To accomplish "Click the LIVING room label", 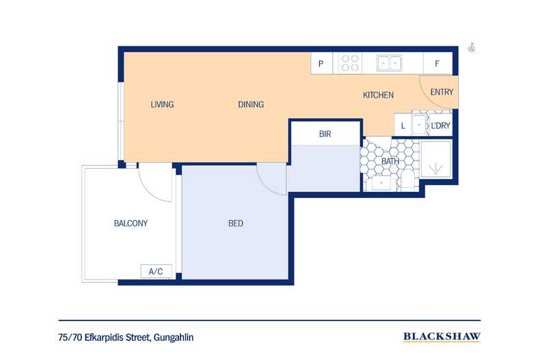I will coord(162,105).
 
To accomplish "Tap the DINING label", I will coord(251,105).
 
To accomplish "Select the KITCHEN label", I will coord(378,95).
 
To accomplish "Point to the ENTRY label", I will coord(442,92).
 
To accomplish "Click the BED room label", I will coord(235,223).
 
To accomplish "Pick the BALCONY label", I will coord(130,223).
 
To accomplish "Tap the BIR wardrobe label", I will coord(325,135).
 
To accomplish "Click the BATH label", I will coord(390,161).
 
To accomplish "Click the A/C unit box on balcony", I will coord(156,272).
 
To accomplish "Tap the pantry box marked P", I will coord(321,64).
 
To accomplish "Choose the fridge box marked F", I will coord(436,64).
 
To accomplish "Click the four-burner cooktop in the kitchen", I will coord(350,64).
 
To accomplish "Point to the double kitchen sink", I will coord(390,64).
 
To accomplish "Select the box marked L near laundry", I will coord(403,126).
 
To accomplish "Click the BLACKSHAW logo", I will coord(442,336).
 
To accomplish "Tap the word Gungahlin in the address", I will coord(178,337).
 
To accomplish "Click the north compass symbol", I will coord(472,48).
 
